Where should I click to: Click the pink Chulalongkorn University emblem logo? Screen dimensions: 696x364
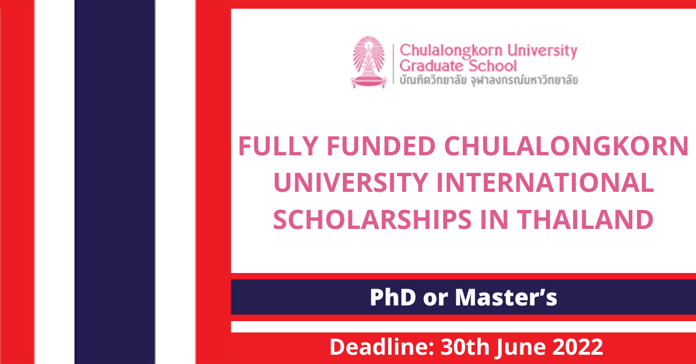tap(369, 62)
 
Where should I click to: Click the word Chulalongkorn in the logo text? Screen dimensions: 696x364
tap(451, 51)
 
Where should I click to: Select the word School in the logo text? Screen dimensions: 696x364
tap(492, 66)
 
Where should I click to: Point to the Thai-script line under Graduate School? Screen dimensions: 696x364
tap(488, 80)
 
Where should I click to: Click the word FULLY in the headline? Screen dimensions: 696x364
tap(278, 146)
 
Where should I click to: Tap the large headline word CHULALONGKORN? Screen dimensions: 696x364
tap(567, 146)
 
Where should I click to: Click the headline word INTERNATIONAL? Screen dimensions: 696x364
tap(545, 183)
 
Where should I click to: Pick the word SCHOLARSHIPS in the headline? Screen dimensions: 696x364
tap(372, 220)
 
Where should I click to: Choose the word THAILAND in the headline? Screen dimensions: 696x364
tap(585, 220)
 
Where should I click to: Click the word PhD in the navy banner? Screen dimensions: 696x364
tap(393, 297)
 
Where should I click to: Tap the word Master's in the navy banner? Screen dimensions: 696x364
tap(506, 297)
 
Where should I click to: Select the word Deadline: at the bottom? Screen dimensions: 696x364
tap(382, 347)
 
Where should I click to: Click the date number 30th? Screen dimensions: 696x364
tap(465, 347)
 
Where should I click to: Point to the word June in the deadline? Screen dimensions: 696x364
tap(520, 348)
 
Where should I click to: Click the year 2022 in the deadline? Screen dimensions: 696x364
tap(578, 347)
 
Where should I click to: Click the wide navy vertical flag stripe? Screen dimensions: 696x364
tap(115, 182)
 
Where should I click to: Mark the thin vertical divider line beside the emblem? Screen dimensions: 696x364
tap(393, 64)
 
